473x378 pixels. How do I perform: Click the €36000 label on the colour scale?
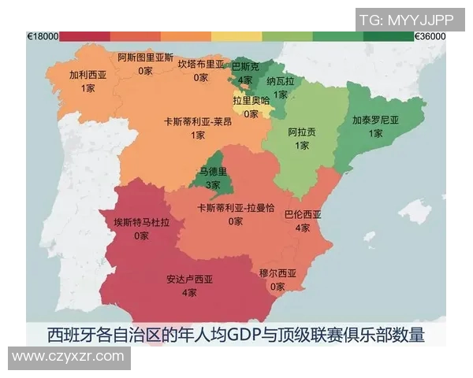click(x=430, y=36)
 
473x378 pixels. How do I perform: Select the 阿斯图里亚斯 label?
click(x=146, y=58)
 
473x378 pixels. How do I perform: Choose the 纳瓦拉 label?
click(x=280, y=81)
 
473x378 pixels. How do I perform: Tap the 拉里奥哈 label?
click(x=251, y=100)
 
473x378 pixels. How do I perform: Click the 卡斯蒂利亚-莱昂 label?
click(x=197, y=122)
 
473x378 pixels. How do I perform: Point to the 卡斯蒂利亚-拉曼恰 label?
click(x=236, y=208)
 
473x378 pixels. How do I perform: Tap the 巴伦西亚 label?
click(x=303, y=214)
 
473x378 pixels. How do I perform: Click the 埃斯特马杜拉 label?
click(x=142, y=222)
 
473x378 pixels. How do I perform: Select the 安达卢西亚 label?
click(x=190, y=280)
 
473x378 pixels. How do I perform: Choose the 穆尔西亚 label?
click(x=277, y=273)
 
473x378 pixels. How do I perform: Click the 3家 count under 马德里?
click(x=213, y=185)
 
